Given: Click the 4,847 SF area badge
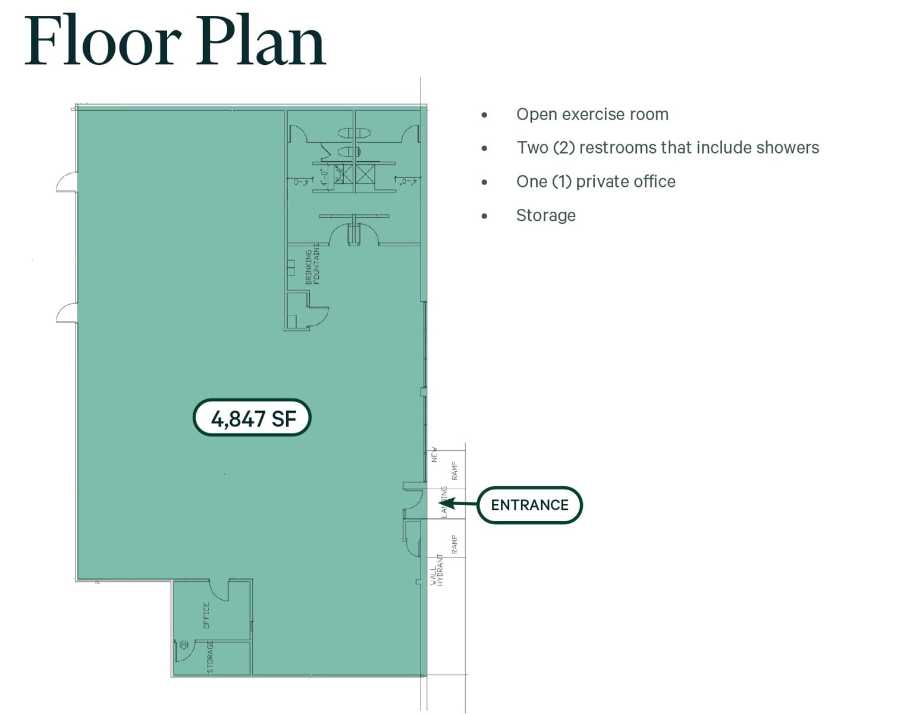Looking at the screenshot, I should pyautogui.click(x=252, y=418).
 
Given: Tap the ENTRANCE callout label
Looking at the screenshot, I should pyautogui.click(x=529, y=505).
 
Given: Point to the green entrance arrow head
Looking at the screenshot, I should pyautogui.click(x=448, y=503).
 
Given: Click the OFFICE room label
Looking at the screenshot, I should pyautogui.click(x=206, y=615).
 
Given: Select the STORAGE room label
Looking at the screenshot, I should pyautogui.click(x=210, y=657).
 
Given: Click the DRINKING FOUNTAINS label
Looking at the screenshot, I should pyautogui.click(x=312, y=264).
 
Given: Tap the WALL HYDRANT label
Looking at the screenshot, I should pyautogui.click(x=437, y=570).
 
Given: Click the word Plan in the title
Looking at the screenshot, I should pyautogui.click(x=261, y=42).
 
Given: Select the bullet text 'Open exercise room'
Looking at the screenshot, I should pyautogui.click(x=592, y=114).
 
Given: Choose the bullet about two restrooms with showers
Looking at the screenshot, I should pyautogui.click(x=667, y=148).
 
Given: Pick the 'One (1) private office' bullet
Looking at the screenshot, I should pyautogui.click(x=595, y=181).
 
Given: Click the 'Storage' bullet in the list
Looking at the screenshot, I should pyautogui.click(x=545, y=215).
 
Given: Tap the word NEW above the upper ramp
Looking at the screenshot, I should pyautogui.click(x=434, y=455).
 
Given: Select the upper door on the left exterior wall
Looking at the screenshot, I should pyautogui.click(x=67, y=182).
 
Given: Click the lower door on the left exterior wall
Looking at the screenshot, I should pyautogui.click(x=67, y=312).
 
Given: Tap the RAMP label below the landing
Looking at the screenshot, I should pyautogui.click(x=454, y=544).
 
